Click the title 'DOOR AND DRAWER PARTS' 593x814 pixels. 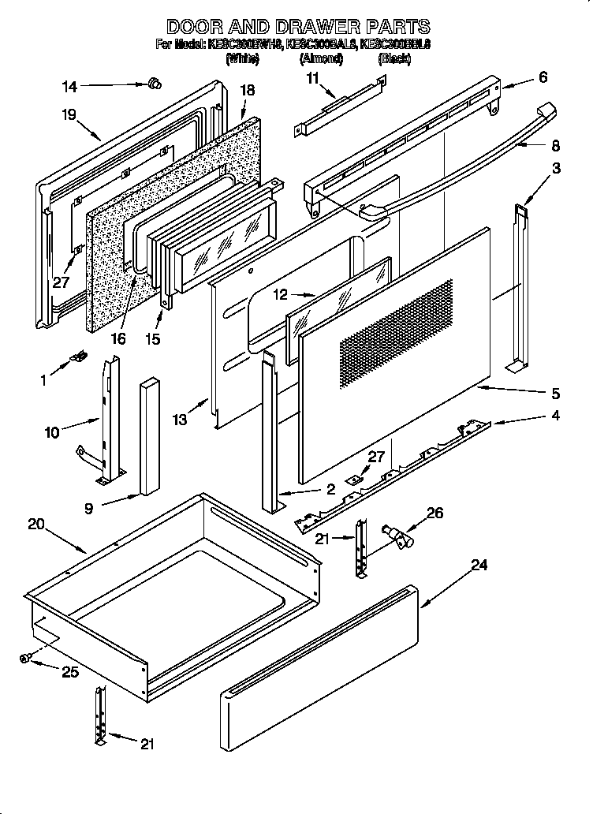[298, 27]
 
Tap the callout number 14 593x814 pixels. [70, 86]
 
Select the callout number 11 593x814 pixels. [313, 77]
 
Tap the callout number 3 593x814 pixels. [557, 167]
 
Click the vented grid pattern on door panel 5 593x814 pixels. [399, 334]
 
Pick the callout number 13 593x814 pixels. [181, 420]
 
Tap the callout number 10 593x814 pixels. [52, 432]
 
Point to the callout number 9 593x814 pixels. [88, 509]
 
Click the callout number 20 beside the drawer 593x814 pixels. [35, 523]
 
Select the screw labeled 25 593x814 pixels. [27, 657]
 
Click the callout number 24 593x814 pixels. [479, 565]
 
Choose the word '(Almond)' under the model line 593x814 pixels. [321, 58]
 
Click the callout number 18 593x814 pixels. [247, 91]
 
